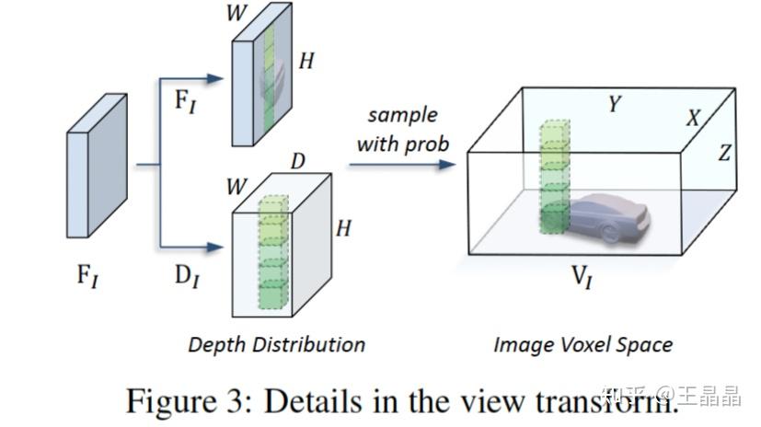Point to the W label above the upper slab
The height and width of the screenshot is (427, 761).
pyautogui.click(x=236, y=15)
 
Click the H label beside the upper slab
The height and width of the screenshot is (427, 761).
pyautogui.click(x=307, y=62)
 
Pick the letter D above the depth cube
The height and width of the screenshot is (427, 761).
pyautogui.click(x=298, y=162)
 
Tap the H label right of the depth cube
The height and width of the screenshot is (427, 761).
pyautogui.click(x=343, y=227)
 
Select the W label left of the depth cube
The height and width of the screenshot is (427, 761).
pyautogui.click(x=236, y=187)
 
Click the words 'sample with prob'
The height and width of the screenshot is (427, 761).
pyautogui.click(x=402, y=130)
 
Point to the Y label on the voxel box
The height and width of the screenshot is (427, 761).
pyautogui.click(x=614, y=105)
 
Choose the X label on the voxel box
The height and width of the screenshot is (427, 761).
pyautogui.click(x=693, y=118)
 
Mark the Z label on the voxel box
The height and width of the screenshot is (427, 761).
pyautogui.click(x=724, y=152)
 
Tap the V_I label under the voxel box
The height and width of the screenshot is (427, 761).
pyautogui.click(x=582, y=277)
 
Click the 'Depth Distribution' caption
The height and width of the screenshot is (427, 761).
pyautogui.click(x=276, y=345)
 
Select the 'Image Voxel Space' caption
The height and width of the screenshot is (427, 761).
pyautogui.click(x=582, y=345)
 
